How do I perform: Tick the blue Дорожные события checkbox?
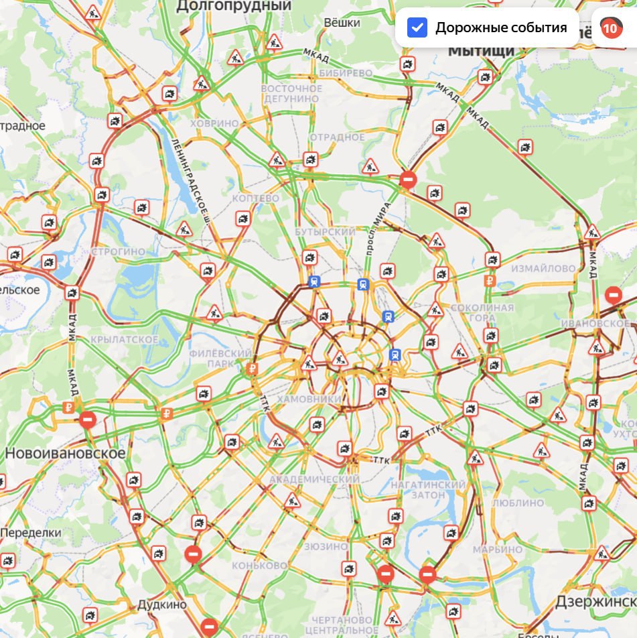pos(418,28)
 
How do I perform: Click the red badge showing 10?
pos(610,28)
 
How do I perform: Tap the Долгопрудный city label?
pos(234,6)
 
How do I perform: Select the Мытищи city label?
pos(481,50)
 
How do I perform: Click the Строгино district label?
pos(118,251)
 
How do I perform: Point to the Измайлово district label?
pos(543,268)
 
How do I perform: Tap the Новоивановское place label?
pos(65,453)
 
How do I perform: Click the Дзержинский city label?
pos(595,602)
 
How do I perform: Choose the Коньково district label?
pos(260,566)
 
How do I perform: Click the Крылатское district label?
pos(125,340)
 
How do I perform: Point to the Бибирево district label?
pos(346,72)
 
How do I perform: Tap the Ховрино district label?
pos(214,123)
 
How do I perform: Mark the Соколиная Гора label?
pos(482,313)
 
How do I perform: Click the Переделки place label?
pos(31,533)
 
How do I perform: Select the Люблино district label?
pos(518,502)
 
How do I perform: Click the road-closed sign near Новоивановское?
pos(88,420)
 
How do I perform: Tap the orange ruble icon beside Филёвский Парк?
pos(252,368)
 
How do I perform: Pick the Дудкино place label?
pos(162,604)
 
